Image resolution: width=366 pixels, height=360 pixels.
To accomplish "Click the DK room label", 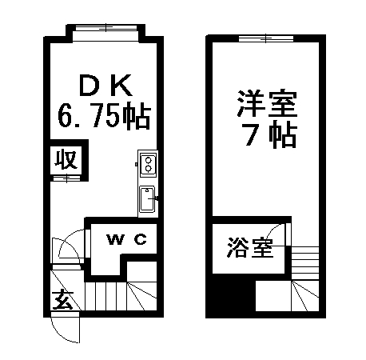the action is (x=105, y=86).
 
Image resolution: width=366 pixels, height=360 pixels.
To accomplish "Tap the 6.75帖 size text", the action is (x=104, y=116).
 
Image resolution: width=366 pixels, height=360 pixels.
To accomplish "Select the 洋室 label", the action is (x=267, y=104).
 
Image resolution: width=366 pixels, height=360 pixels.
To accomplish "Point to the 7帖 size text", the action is (x=271, y=135).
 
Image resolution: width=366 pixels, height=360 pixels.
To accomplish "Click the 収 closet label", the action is (x=66, y=160).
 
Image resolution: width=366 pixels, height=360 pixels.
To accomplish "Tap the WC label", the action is (x=127, y=239).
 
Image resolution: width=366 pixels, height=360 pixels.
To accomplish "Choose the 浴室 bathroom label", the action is (x=250, y=247).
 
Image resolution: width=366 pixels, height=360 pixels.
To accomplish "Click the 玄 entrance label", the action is (x=63, y=299).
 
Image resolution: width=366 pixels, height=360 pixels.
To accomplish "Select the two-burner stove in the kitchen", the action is (x=148, y=164).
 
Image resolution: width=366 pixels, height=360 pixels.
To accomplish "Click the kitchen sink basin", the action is (x=147, y=199).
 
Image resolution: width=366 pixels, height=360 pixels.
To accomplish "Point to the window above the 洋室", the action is (x=266, y=38).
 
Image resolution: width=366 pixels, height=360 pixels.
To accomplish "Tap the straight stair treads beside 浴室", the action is (x=305, y=263).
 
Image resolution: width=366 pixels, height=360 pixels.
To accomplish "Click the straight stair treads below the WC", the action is (x=106, y=296).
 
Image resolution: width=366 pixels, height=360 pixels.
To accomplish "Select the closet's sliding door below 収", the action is (x=66, y=178).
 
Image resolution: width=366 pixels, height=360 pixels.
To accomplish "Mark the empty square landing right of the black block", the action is (x=273, y=295).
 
